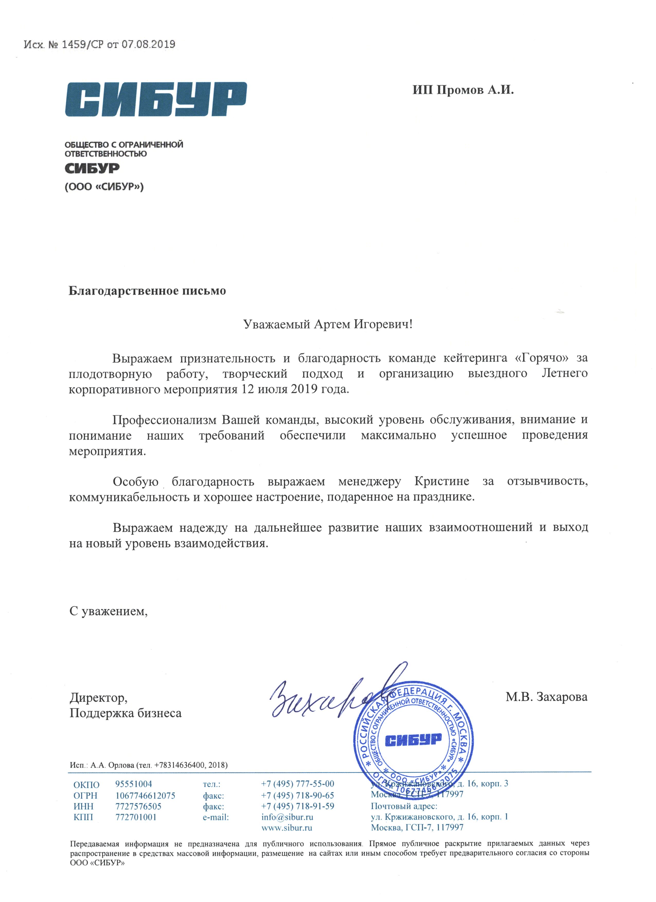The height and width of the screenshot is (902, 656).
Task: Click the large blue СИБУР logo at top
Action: click(x=156, y=100)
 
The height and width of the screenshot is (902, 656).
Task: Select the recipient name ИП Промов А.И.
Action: click(x=463, y=90)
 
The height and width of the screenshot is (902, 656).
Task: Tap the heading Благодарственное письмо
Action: click(x=147, y=291)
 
